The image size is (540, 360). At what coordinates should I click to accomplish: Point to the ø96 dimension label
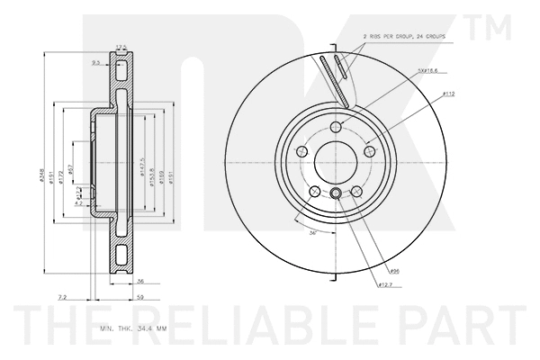click(394, 270)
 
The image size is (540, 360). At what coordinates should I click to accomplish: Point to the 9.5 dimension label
click(95, 63)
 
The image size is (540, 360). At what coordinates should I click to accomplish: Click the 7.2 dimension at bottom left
click(62, 296)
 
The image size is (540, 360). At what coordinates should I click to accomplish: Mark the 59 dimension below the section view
click(140, 296)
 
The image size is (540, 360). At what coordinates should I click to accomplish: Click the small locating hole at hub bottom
click(335, 194)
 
